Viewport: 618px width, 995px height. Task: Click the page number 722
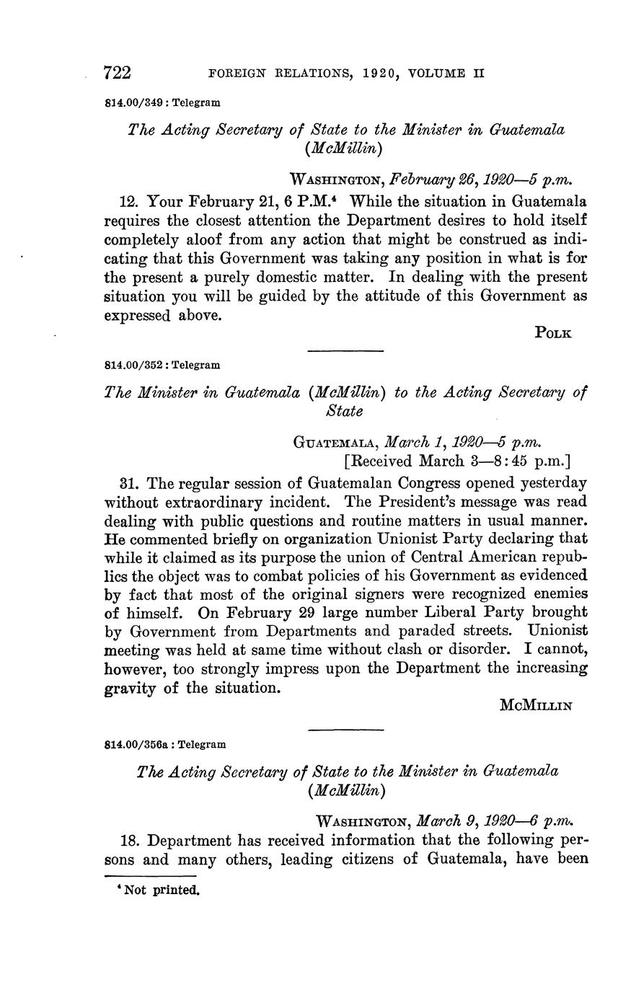(x=118, y=73)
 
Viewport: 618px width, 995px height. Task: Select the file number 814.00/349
(x=135, y=103)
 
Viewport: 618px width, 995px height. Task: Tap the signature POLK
(x=553, y=333)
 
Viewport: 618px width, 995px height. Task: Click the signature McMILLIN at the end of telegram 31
(x=536, y=706)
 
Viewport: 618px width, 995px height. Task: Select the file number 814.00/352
(x=135, y=365)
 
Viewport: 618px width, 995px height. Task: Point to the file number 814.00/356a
(x=138, y=743)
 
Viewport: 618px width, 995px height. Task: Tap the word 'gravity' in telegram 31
(x=131, y=688)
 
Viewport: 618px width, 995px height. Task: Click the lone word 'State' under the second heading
(x=345, y=411)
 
